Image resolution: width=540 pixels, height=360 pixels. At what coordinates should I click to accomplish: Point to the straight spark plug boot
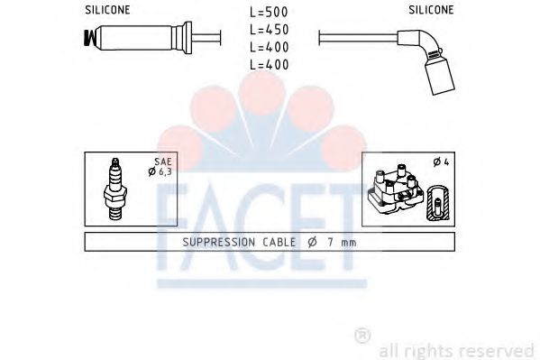click(x=145, y=40)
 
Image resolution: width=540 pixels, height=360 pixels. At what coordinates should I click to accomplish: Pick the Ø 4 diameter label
click(x=439, y=163)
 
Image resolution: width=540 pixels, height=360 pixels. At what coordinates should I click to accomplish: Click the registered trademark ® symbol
click(x=362, y=336)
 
